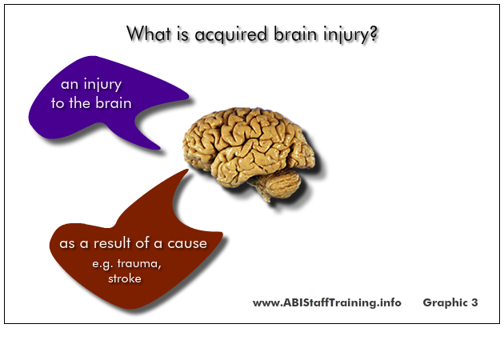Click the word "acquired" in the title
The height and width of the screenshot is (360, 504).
coord(230,34)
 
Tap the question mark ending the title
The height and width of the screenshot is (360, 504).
coord(373,33)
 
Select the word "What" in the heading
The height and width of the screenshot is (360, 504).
coord(149,33)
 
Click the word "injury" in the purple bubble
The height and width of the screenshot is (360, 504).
coord(102,85)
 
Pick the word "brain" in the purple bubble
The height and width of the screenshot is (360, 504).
coord(114,103)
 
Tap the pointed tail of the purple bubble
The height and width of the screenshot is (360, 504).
coord(159,148)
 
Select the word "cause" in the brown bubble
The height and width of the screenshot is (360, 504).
coord(187,244)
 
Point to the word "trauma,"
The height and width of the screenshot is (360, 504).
coord(139,263)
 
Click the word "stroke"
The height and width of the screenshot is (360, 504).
coord(124,278)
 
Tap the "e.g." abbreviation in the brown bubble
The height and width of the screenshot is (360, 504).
coord(102,264)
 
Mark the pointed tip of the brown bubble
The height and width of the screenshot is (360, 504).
coord(187,170)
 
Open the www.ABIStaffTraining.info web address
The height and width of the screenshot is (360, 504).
coord(327,302)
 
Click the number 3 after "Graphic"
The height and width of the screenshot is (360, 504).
coord(474,302)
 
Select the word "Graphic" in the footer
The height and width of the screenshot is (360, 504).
coord(445,302)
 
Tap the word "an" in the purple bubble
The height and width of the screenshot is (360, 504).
coord(70,85)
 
